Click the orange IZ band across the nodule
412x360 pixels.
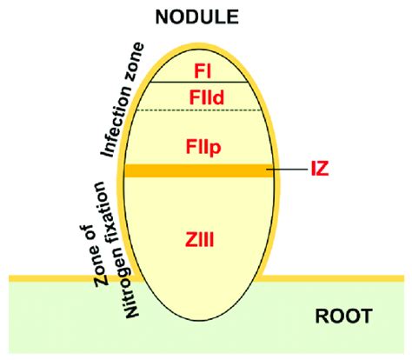[199, 171]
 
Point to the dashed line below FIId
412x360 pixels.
[199, 110]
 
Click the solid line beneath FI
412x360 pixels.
[199, 83]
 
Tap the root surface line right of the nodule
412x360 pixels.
[339, 278]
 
